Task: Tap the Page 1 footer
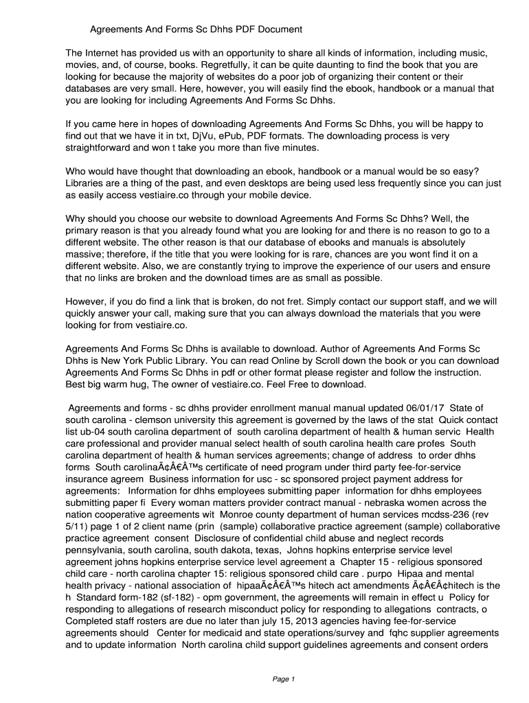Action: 283,680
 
